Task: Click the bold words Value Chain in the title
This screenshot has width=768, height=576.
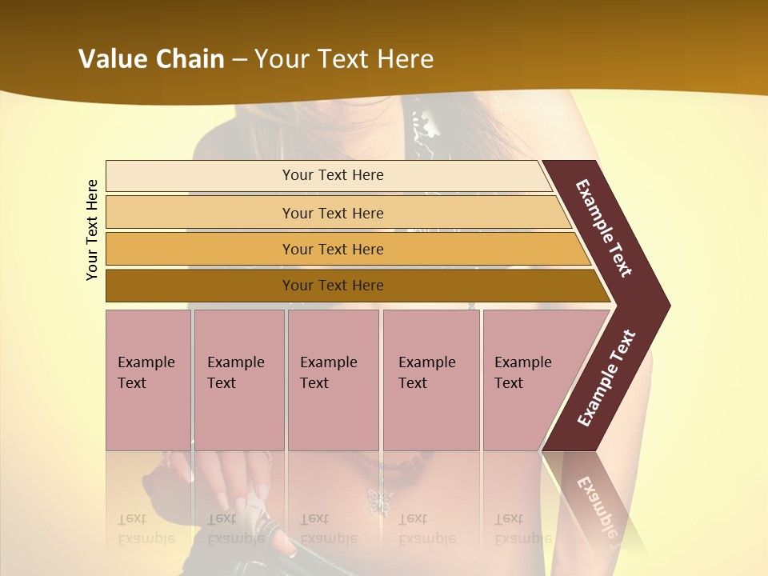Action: click(x=151, y=59)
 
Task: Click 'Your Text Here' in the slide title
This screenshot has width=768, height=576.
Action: click(x=344, y=59)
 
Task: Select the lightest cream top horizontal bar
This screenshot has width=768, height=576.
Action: click(x=200, y=176)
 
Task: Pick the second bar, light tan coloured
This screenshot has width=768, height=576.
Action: click(x=200, y=213)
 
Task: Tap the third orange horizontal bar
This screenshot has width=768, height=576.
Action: click(x=200, y=249)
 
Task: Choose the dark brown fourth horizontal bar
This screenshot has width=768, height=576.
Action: click(x=200, y=286)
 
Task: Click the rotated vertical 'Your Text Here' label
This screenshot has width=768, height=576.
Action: click(x=92, y=230)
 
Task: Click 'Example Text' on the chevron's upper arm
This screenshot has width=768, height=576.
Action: click(x=604, y=228)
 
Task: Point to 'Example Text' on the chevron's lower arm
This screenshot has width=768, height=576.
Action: click(x=606, y=378)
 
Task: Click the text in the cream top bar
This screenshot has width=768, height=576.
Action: click(x=333, y=175)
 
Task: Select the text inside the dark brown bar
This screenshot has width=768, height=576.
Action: click(x=333, y=286)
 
